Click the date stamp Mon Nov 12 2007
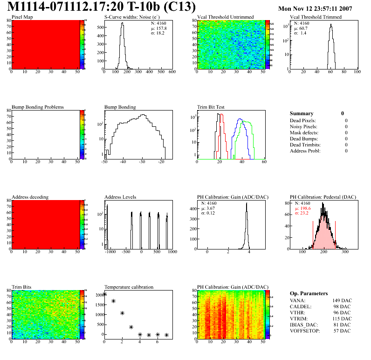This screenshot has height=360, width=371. coord(315,8)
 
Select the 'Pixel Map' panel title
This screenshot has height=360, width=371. coord(22,17)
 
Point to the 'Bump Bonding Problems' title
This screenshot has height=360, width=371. coord(38,107)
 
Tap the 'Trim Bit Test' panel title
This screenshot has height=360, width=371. coord(211,107)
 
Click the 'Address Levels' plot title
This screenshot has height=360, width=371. coord(120,197)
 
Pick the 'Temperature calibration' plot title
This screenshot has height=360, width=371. coord(129,287)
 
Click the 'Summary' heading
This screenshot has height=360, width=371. coord(302,113)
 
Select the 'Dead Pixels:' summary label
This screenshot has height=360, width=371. coord(303,120)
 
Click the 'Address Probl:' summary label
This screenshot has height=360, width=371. coord(305,151)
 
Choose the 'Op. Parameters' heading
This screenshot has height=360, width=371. coord(309,293)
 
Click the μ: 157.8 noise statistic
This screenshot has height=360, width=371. coord(158,28)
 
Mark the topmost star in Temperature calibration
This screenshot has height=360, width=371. coord(104,294)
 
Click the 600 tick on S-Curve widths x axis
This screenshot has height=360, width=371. coord(172,72)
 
